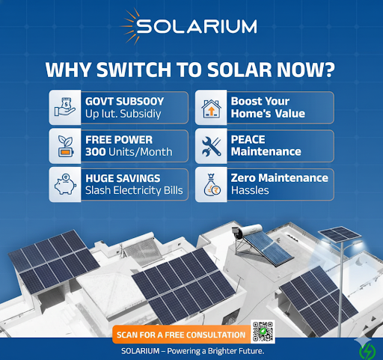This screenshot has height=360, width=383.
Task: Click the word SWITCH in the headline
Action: [x=134, y=70]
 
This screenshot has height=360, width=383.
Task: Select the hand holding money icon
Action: [x=65, y=107]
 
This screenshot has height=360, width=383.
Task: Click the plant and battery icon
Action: [x=65, y=146]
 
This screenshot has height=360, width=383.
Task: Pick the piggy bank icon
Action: [x=65, y=184]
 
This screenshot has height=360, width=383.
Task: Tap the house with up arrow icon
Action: [x=211, y=109]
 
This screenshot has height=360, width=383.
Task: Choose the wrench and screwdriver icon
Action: [x=212, y=147]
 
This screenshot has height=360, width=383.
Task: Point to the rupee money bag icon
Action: [x=212, y=185]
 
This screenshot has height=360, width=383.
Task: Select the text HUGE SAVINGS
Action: [x=123, y=178]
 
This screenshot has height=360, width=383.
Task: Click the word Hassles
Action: [x=250, y=191]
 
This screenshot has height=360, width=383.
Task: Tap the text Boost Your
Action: [x=260, y=101]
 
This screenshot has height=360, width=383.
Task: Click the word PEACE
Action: [x=248, y=139]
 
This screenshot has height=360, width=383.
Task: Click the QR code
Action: [x=263, y=332]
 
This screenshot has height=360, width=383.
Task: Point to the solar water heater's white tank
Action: [x=249, y=230]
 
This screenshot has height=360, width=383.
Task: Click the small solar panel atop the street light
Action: [x=340, y=234]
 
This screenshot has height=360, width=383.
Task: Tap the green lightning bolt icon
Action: [x=367, y=351]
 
